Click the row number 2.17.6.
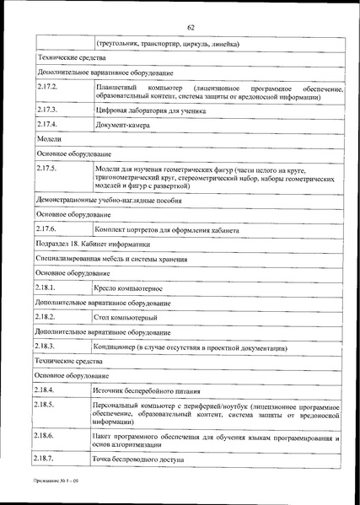(47, 229)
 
